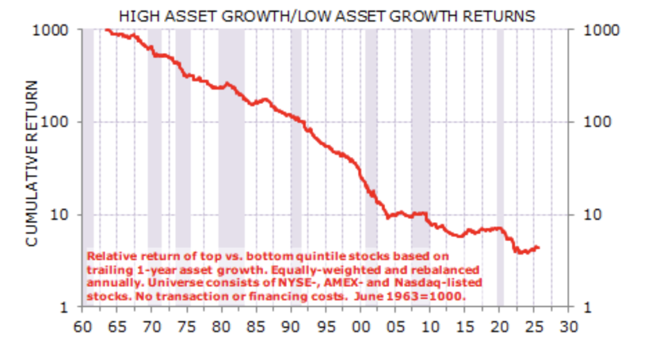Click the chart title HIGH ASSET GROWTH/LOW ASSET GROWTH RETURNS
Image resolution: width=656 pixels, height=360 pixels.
pos(327,16)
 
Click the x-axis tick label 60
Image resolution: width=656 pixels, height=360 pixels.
pos(81,325)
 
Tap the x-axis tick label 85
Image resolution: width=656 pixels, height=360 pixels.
pos(256,325)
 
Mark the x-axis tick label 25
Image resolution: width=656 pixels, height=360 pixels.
pos(534,325)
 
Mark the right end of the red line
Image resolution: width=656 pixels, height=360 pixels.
pos(539,247)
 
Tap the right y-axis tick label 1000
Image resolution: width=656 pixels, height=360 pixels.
pos(602,29)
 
